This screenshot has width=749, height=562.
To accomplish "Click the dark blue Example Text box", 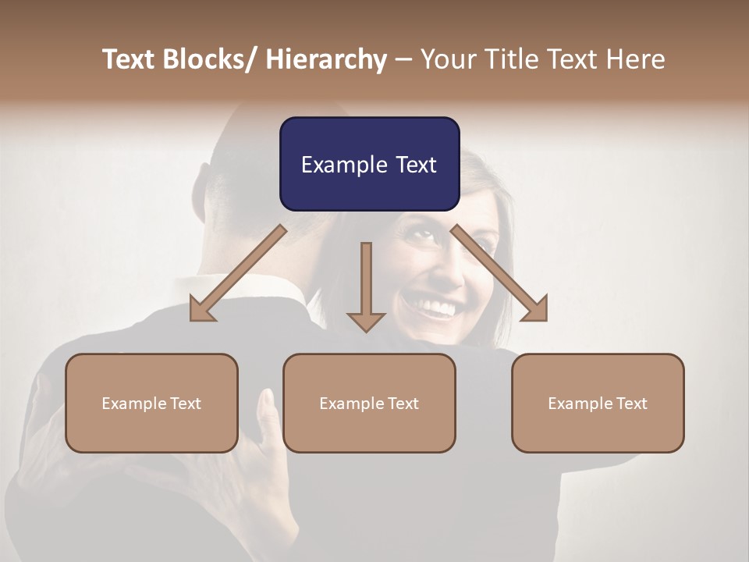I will click(369, 164).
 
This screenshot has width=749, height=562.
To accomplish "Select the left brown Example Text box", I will click(151, 403).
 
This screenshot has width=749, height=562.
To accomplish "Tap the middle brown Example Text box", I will click(369, 403).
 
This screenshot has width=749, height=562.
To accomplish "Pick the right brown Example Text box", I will click(598, 403).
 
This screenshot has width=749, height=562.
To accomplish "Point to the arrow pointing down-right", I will click(500, 274).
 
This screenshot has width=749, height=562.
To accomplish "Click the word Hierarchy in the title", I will click(326, 60).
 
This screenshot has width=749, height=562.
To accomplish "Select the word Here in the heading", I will click(636, 60).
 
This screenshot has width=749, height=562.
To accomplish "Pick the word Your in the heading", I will click(445, 60).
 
